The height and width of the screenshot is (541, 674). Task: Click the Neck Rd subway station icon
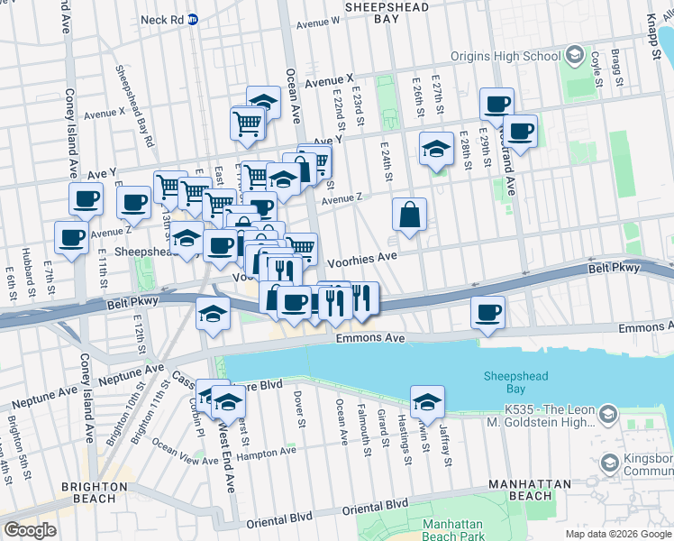click(x=193, y=19)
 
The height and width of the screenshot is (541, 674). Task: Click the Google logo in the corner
click(x=30, y=529)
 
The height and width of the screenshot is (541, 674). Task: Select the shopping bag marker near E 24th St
click(x=409, y=215)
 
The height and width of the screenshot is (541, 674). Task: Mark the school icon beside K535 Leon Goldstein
click(x=607, y=415)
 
